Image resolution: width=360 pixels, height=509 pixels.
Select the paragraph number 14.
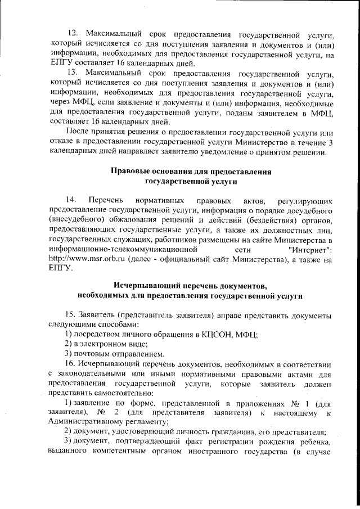(71, 200)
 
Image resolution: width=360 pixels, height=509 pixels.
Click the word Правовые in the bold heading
(132, 171)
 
